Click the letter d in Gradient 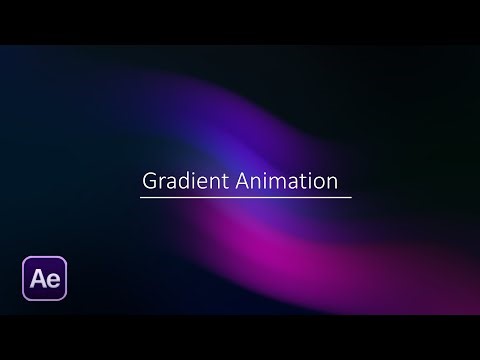pos(183,182)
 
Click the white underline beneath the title pos(245,197)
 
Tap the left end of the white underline pos(141,197)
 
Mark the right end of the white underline pos(351,197)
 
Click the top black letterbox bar pos(240,21)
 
